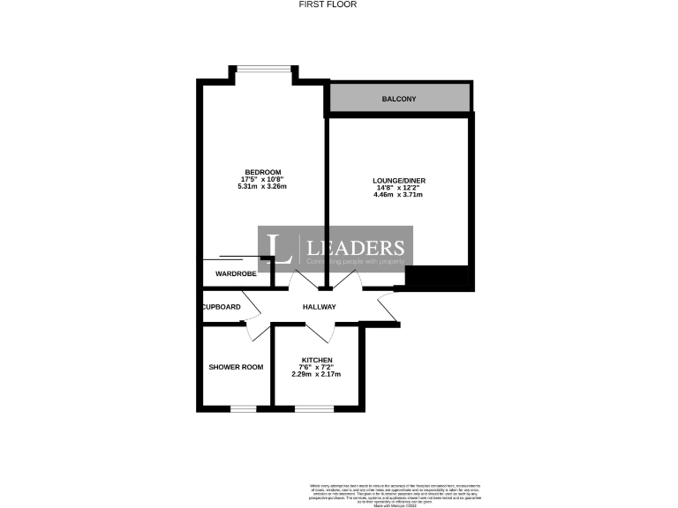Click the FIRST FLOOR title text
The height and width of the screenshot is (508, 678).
[x=338, y=4]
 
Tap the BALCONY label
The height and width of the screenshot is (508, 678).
[x=399, y=99]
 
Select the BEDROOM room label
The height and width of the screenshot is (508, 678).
[x=263, y=171]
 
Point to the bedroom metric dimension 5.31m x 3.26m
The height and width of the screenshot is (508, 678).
[x=263, y=186]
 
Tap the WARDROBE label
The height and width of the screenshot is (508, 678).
[x=236, y=274]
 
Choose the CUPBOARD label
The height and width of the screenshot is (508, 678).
[x=221, y=307]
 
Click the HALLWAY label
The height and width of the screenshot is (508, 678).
[x=320, y=307]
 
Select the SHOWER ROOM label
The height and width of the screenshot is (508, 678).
[x=236, y=367]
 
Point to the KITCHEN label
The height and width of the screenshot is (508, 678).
[x=316, y=360]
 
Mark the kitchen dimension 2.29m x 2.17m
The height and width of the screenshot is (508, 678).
[x=316, y=375]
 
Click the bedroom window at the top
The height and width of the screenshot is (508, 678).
[x=262, y=67]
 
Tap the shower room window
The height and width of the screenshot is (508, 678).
[x=243, y=408]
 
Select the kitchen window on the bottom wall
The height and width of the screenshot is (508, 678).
[x=313, y=408]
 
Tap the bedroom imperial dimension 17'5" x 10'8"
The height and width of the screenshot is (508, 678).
[x=263, y=179]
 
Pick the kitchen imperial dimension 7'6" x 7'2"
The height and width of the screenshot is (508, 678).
[x=316, y=368]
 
